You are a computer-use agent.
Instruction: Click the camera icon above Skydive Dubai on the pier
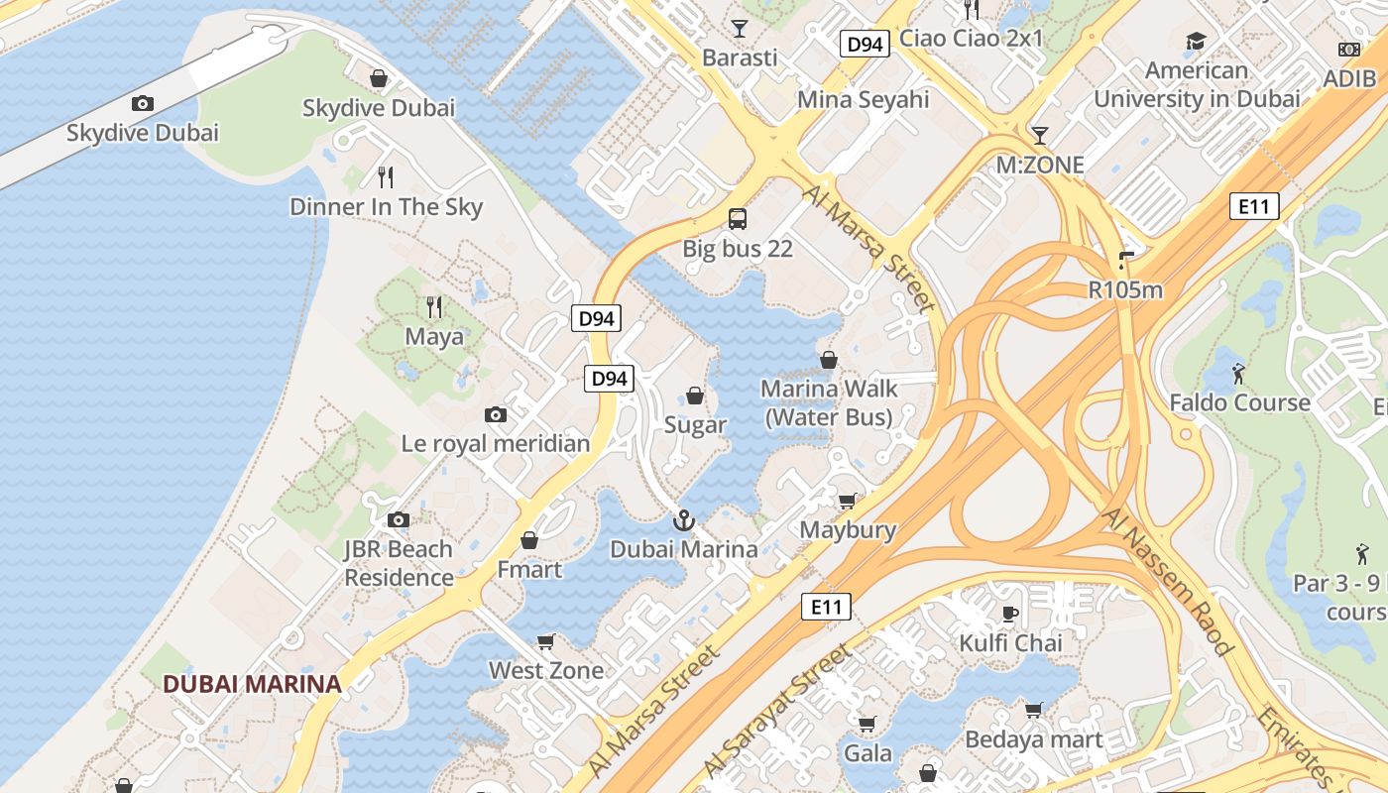142,103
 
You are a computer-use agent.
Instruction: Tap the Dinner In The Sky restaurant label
386,206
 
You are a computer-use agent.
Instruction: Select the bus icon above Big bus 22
737,218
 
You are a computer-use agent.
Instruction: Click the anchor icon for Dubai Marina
683,519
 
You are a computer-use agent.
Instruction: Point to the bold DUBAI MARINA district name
252,684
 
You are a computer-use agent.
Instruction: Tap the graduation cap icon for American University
1196,42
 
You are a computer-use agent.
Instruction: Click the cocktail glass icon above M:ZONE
1039,135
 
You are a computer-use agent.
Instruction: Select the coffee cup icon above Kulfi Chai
1010,614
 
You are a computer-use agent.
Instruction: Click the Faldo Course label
1239,402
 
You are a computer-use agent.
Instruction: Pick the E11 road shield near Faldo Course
1254,206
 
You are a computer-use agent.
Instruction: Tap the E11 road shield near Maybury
826,607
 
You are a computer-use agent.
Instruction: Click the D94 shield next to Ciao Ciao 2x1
865,44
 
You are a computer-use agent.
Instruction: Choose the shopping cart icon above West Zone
545,641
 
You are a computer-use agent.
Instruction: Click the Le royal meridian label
495,443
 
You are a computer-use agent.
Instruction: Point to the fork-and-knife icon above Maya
433,306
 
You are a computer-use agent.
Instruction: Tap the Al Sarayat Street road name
778,710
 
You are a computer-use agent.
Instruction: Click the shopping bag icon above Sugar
695,396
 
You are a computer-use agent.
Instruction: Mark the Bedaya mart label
1033,739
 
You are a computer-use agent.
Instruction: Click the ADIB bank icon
1349,50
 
